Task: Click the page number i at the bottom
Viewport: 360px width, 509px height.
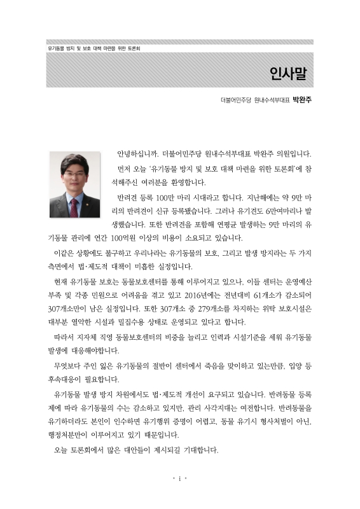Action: pyautogui.click(x=180, y=478)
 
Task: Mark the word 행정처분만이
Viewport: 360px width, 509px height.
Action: pyautogui.click(x=72, y=436)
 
